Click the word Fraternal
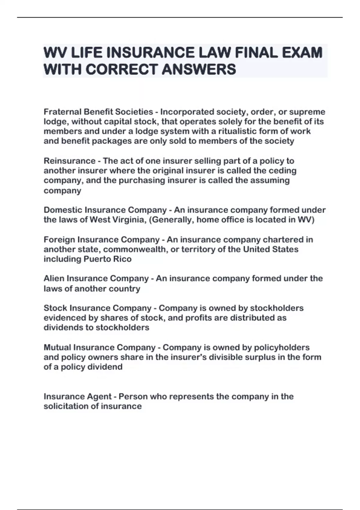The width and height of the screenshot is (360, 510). [62, 112]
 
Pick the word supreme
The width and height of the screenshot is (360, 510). [307, 112]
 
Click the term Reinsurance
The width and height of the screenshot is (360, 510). [69, 161]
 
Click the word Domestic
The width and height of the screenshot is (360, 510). [63, 210]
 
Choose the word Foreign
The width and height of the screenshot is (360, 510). [59, 240]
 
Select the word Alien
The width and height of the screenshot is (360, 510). [54, 279]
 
